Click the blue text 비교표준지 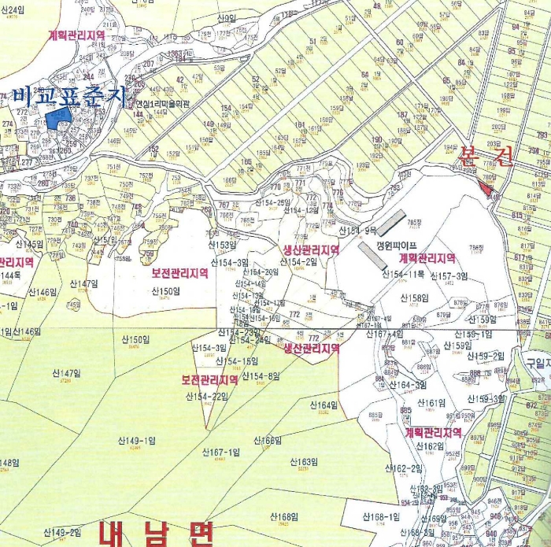coord(68,96)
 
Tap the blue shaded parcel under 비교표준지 coord(57,118)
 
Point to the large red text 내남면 coord(156,534)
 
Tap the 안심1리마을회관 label coord(164,102)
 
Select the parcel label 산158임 coord(413,298)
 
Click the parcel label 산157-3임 coord(448,275)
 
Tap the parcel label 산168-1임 coord(381,516)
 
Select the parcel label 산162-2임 coord(406,469)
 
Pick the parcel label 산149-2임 coord(62,533)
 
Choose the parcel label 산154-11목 coord(404,274)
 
